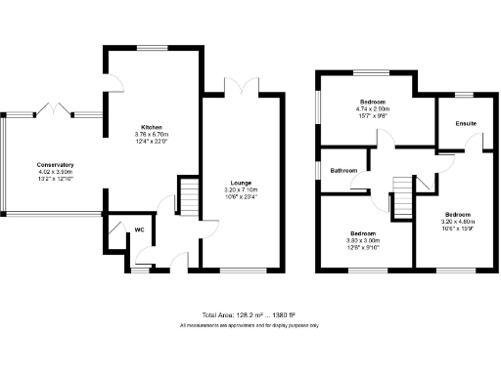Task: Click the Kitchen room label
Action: [151, 128]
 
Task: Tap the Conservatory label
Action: [55, 165]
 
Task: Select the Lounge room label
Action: [242, 183]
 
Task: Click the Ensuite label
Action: [465, 124]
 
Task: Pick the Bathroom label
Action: [343, 171]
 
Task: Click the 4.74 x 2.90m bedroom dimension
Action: [373, 108]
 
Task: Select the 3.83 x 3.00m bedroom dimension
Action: [363, 239]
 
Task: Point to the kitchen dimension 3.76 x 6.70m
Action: [151, 135]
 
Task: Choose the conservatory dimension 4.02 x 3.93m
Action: [55, 172]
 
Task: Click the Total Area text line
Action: [249, 315]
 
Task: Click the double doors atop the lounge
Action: [240, 87]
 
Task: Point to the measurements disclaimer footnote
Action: [249, 325]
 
